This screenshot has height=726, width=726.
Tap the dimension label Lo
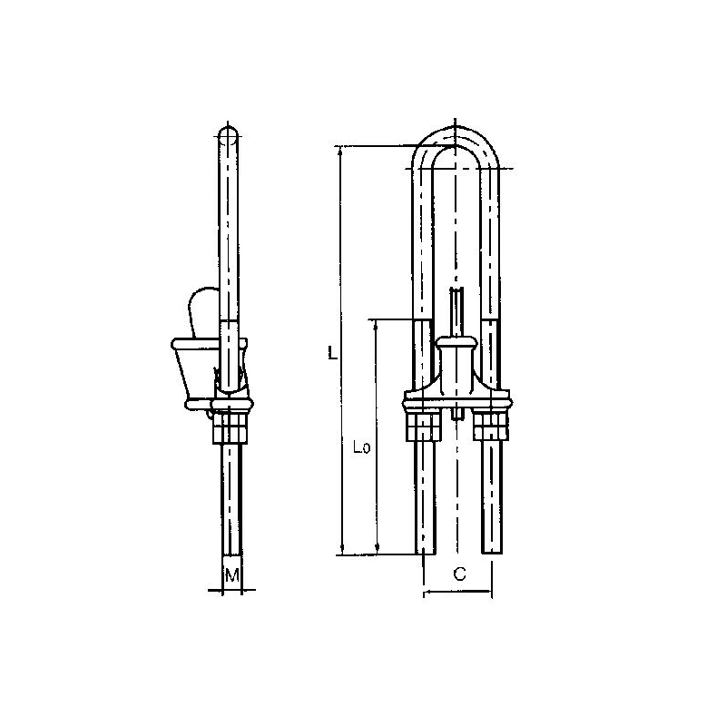pos(358,446)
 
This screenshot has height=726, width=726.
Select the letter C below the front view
pos(459,574)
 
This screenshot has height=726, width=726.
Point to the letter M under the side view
pos(231,574)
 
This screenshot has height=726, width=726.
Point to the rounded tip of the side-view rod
pos(231,133)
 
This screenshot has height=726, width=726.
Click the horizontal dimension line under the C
pos(458,595)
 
